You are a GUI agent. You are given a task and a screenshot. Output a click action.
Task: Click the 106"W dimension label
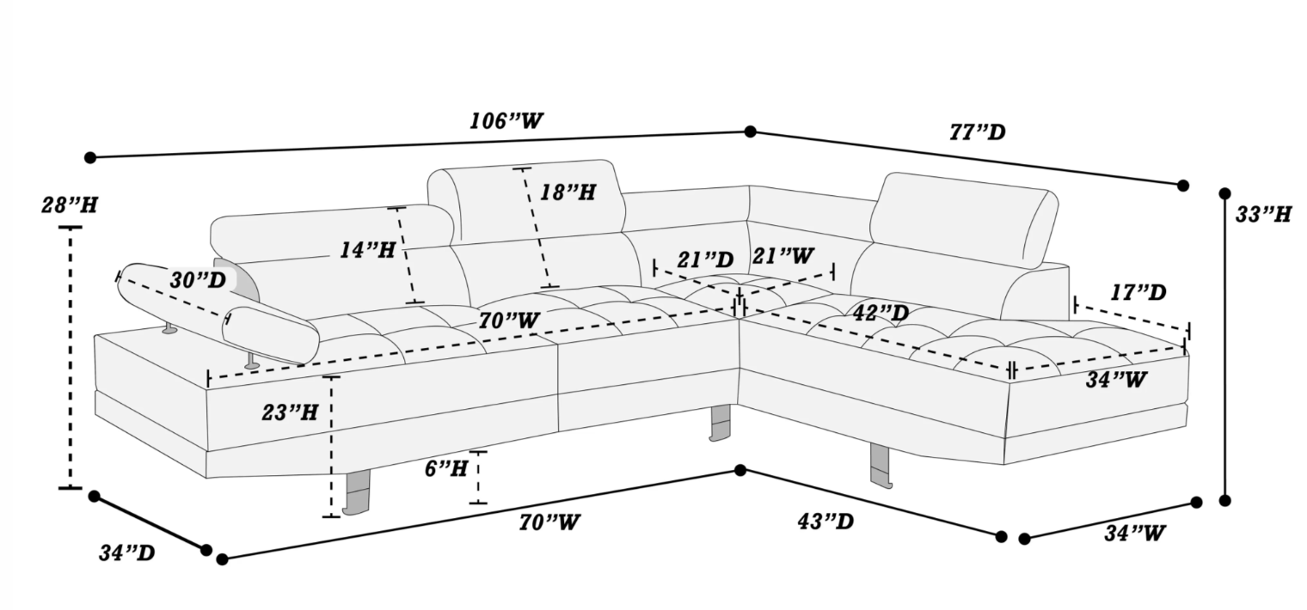tap(506, 121)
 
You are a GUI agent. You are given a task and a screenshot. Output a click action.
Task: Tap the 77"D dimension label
tap(978, 132)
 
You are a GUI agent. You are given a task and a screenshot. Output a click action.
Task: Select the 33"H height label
tap(1263, 215)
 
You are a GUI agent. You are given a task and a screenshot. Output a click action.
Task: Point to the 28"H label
tap(70, 205)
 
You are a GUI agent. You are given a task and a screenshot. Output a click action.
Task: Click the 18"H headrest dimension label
tap(568, 192)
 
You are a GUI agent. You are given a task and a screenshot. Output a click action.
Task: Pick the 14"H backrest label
tap(368, 251)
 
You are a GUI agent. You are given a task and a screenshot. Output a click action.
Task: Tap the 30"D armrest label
tap(198, 280)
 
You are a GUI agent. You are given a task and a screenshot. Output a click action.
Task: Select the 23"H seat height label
tap(290, 413)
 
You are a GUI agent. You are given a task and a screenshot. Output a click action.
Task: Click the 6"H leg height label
tap(446, 468)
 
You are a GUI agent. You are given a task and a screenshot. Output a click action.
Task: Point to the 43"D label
tap(825, 522)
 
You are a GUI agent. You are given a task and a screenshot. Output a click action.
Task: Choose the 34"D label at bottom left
tap(126, 552)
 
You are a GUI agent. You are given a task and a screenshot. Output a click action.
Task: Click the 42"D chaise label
tap(881, 314)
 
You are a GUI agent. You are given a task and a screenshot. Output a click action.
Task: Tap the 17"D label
tap(1138, 293)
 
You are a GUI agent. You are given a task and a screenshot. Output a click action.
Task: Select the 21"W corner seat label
tap(783, 255)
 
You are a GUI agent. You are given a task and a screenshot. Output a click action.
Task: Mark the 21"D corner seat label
tap(705, 260)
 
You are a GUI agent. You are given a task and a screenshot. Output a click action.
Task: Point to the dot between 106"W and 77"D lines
tap(751, 131)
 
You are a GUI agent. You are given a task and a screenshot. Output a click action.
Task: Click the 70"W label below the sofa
tap(549, 522)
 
